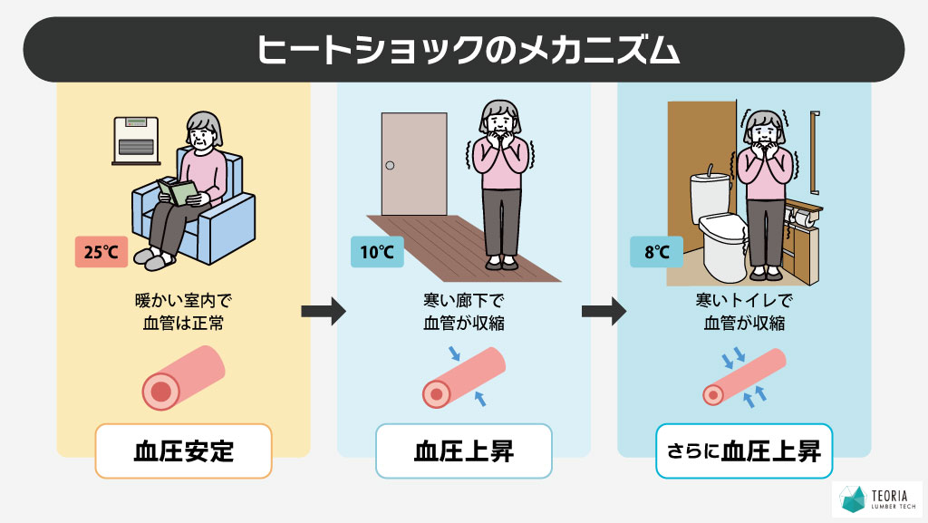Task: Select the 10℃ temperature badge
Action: click(x=376, y=253)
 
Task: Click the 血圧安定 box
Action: click(x=183, y=451)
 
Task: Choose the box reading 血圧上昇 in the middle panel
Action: click(x=463, y=451)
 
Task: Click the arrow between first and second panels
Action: click(x=324, y=313)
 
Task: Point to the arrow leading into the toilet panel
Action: click(x=604, y=313)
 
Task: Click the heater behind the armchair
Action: click(x=136, y=140)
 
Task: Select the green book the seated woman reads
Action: click(x=177, y=191)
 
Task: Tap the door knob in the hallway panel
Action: click(x=390, y=166)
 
